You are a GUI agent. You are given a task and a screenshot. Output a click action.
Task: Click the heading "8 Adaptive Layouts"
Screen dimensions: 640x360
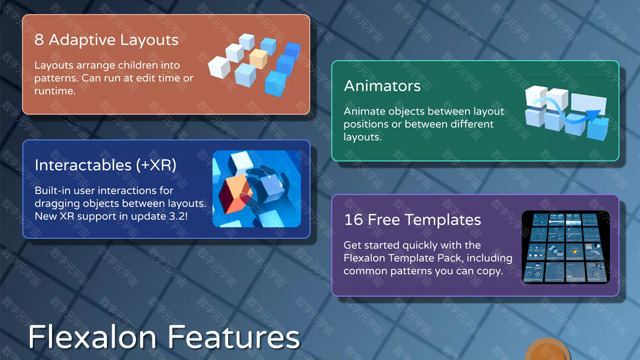tap(106, 39)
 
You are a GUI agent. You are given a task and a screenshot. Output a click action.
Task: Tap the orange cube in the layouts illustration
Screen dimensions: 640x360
tap(258, 59)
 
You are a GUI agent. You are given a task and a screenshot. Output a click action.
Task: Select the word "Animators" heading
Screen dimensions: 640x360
tap(382, 85)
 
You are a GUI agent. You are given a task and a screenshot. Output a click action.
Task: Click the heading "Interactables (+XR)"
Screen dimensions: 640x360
tap(105, 165)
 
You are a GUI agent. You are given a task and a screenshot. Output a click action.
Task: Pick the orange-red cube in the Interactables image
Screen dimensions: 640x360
tap(235, 193)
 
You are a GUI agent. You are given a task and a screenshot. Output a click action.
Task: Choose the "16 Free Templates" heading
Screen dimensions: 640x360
tap(412, 219)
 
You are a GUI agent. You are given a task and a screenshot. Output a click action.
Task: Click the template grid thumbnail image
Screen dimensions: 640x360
tap(565, 247)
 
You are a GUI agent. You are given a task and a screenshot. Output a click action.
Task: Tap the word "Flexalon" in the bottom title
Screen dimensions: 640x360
tap(92, 337)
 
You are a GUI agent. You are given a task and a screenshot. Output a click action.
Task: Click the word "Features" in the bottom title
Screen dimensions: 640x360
tap(233, 337)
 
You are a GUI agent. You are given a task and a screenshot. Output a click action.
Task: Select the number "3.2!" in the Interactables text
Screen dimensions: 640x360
tap(178, 216)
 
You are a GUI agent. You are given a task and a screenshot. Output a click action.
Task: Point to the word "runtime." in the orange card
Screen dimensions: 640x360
tap(55, 91)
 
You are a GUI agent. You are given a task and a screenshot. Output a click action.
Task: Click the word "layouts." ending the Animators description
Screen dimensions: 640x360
tap(362, 137)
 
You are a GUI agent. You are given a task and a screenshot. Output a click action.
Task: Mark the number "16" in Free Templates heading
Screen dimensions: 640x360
tap(353, 219)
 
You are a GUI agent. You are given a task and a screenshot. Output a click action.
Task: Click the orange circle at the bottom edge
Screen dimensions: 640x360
tap(547, 349)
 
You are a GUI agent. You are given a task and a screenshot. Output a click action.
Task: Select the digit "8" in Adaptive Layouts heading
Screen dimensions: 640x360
tap(39, 39)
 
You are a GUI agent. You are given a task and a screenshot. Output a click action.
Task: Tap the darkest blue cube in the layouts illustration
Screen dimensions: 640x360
tap(292, 50)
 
